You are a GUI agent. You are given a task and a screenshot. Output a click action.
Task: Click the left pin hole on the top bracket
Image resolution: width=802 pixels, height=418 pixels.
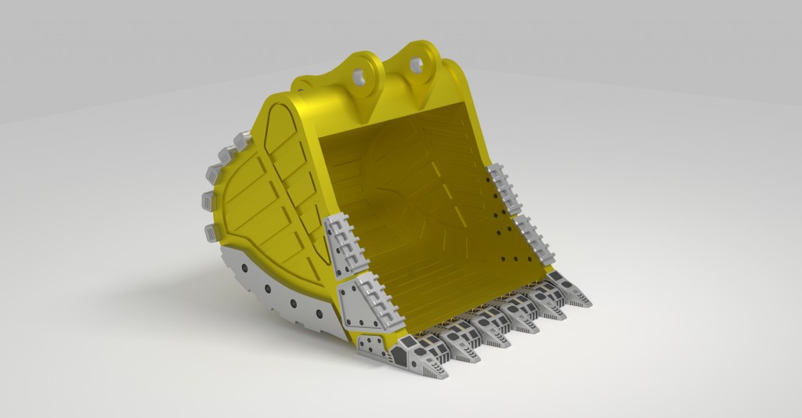coord(360,77)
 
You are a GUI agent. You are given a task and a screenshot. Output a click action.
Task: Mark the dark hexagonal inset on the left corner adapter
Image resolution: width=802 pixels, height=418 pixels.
coord(398,356)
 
